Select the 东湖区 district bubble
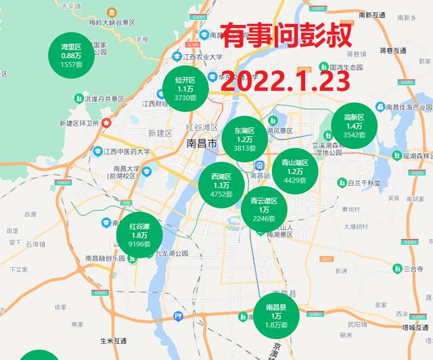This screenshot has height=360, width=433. coord(244,139)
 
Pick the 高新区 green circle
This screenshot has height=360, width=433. coord(355,125)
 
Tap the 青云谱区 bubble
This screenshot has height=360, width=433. coord(264,209)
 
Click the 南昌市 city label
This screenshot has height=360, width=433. coord(201,144)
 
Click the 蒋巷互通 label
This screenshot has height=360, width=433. coord(392,51)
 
